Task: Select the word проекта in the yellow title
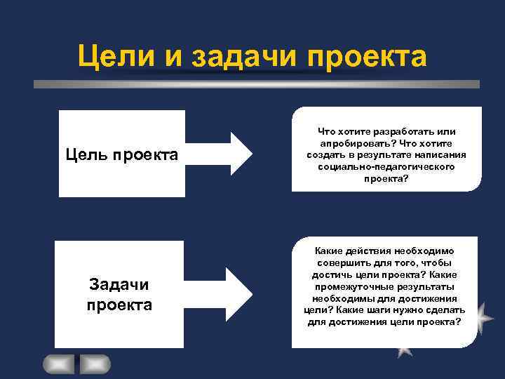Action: click(x=366, y=57)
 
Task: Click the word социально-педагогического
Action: click(x=386, y=167)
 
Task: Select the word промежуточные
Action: click(x=355, y=286)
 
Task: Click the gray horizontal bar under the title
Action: click(x=257, y=84)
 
